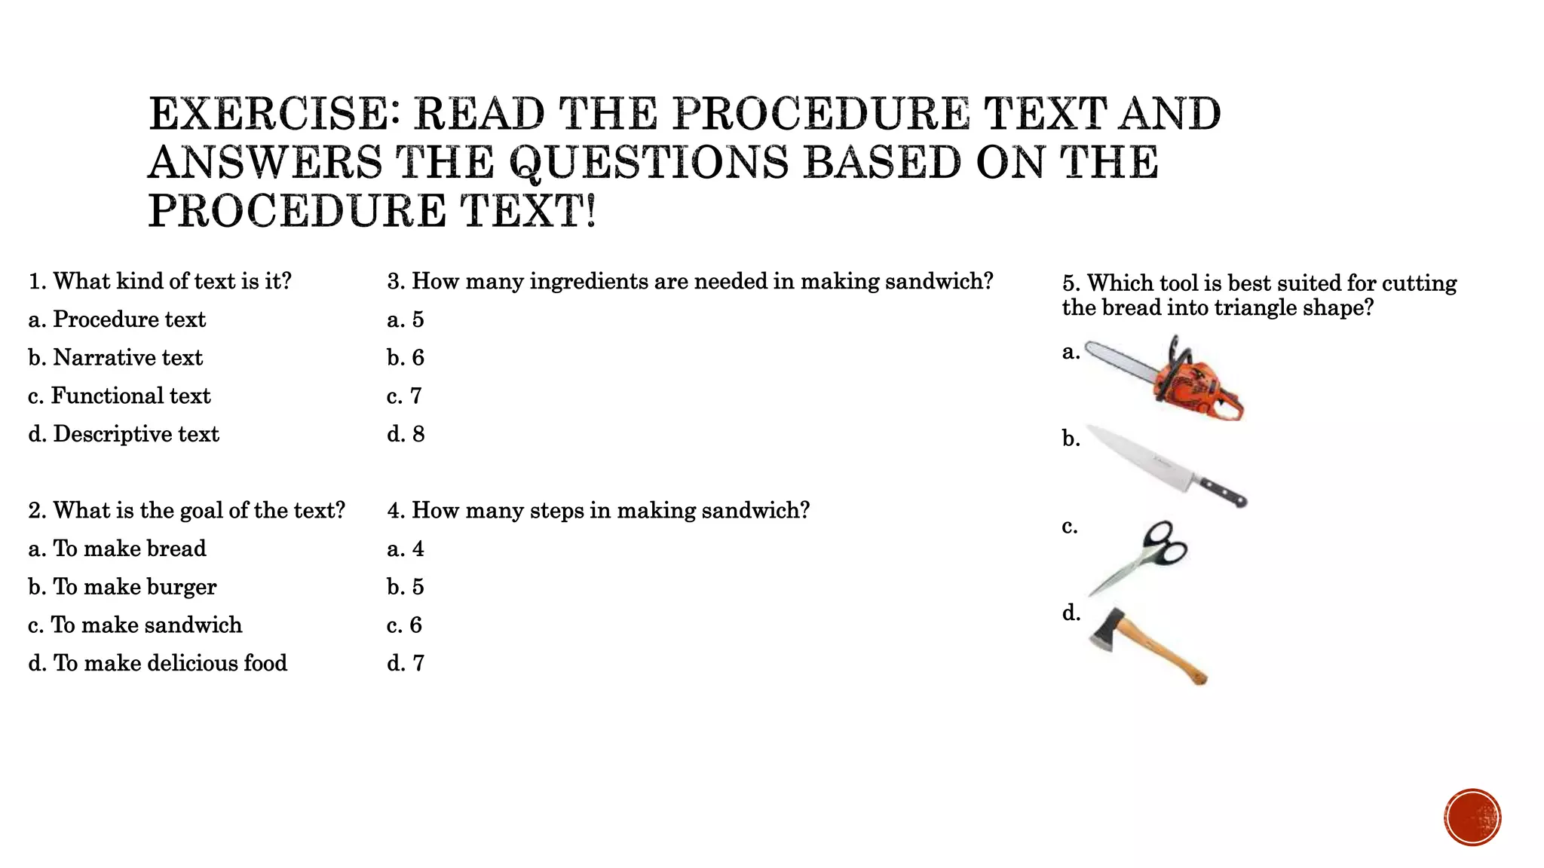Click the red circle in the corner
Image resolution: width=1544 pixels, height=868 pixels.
(x=1472, y=817)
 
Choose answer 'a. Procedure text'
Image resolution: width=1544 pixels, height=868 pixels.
(x=117, y=319)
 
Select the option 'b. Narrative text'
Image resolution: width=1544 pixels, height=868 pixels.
(x=115, y=358)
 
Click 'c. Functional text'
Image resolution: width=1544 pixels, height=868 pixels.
(x=119, y=396)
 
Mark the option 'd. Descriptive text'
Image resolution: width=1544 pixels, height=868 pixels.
(x=124, y=435)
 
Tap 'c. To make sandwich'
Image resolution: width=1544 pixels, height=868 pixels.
(x=135, y=625)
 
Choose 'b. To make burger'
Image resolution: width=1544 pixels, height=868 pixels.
(x=122, y=587)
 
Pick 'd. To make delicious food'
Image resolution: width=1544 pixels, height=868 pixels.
(x=158, y=664)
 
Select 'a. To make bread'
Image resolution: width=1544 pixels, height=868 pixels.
(x=117, y=549)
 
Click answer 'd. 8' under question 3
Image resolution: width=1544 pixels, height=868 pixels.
(x=406, y=435)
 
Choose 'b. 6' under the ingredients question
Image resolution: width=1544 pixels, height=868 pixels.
(x=406, y=358)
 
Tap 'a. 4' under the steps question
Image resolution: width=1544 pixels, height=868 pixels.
(x=406, y=549)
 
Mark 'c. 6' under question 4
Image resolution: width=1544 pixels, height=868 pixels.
(x=405, y=625)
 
